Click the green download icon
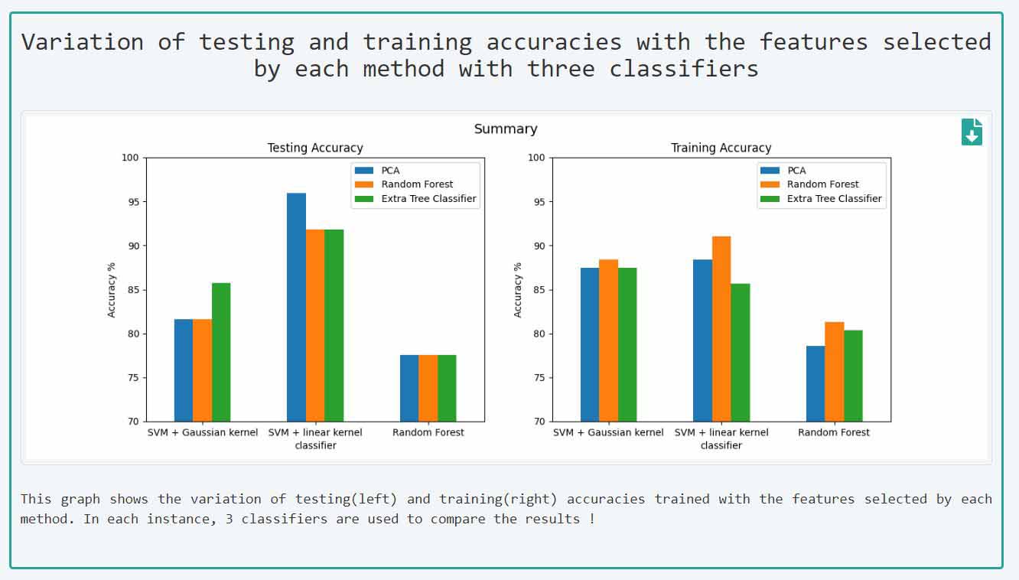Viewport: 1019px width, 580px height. [972, 132]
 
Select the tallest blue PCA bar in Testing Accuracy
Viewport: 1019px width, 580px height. [296, 307]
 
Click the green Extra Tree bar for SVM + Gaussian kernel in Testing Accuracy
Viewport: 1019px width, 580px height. [221, 352]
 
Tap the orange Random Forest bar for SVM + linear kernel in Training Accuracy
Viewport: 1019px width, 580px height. [721, 329]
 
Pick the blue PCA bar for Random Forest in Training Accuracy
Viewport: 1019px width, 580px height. [816, 383]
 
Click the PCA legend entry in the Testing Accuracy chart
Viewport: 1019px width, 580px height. [390, 170]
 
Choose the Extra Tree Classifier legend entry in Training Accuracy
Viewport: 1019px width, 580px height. [834, 198]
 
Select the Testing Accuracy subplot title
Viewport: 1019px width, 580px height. [314, 148]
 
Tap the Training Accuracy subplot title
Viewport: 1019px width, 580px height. [721, 148]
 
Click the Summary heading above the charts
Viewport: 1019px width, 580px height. [506, 129]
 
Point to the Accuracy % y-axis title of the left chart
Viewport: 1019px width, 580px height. [112, 290]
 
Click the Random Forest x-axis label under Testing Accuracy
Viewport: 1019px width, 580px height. [428, 432]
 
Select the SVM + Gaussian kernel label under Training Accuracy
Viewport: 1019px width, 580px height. [608, 432]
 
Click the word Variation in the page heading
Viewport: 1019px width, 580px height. [82, 41]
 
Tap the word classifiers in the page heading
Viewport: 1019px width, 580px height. [684, 69]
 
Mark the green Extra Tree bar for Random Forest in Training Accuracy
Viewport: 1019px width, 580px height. [853, 376]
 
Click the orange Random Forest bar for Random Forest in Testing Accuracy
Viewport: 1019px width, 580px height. [428, 388]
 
